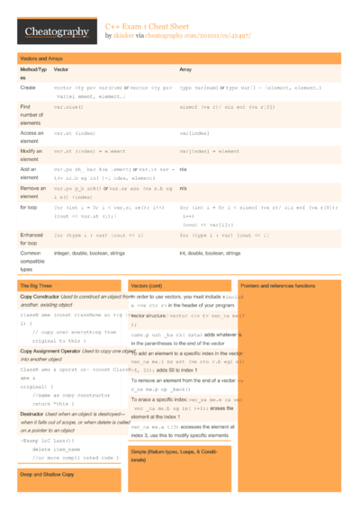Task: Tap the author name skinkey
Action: (x=123, y=37)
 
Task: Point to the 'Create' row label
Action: (x=28, y=88)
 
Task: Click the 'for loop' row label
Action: (x=29, y=207)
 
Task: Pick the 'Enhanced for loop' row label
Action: (x=31, y=237)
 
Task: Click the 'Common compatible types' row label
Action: (x=34, y=261)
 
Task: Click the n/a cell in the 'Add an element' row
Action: (x=183, y=168)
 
